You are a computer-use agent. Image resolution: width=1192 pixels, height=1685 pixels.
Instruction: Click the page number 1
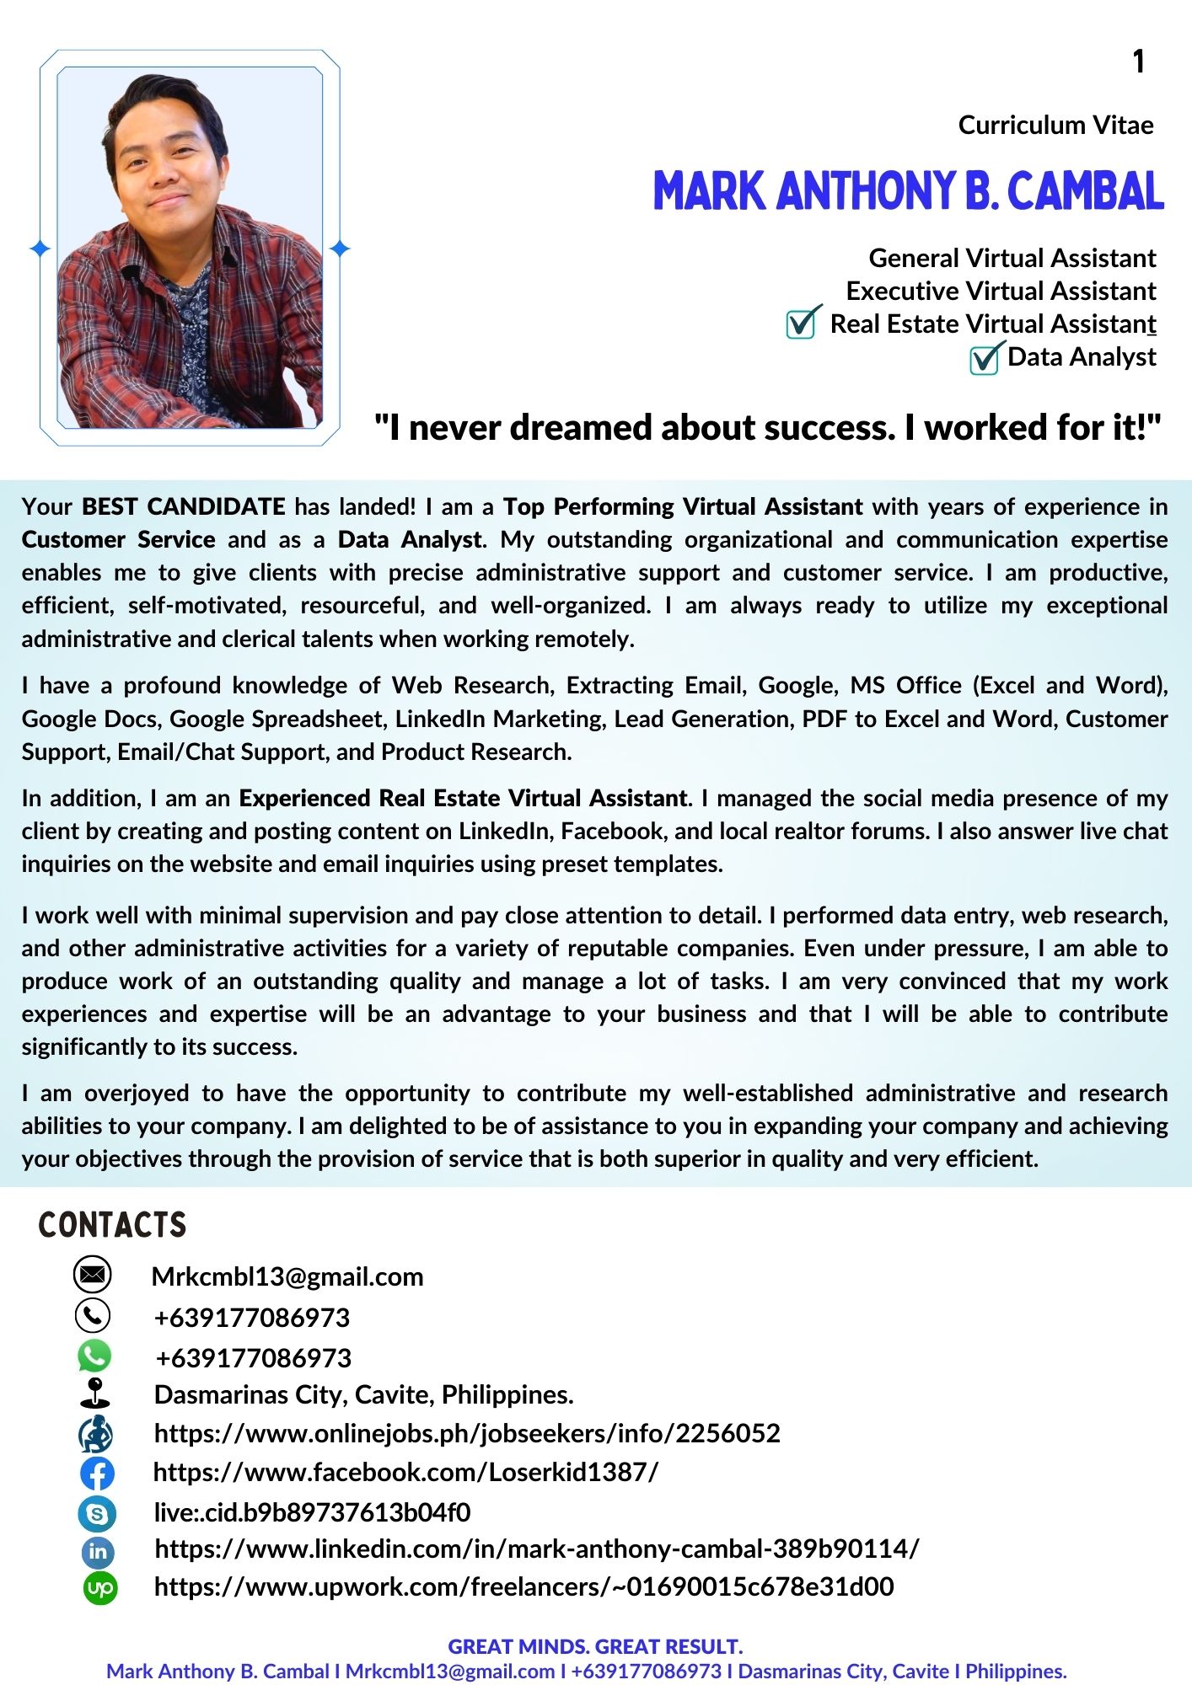pyautogui.click(x=1138, y=62)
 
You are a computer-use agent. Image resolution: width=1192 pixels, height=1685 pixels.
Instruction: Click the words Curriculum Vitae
pyautogui.click(x=1055, y=126)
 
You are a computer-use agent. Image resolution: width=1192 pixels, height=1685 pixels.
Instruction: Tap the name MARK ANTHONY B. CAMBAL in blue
pyautogui.click(x=908, y=191)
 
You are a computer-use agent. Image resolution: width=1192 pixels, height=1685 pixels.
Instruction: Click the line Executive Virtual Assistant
pyautogui.click(x=1001, y=292)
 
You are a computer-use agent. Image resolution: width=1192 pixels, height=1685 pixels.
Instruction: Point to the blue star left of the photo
pyautogui.click(x=40, y=249)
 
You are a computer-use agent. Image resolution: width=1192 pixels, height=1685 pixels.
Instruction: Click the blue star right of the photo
pyautogui.click(x=340, y=249)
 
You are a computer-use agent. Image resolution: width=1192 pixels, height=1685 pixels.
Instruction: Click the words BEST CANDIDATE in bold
pyautogui.click(x=183, y=506)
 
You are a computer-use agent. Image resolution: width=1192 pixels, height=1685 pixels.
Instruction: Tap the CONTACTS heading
pyautogui.click(x=112, y=1225)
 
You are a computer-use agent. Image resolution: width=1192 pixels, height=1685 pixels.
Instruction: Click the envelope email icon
pyautogui.click(x=93, y=1274)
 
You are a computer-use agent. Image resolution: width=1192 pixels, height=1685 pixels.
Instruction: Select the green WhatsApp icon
pyautogui.click(x=94, y=1356)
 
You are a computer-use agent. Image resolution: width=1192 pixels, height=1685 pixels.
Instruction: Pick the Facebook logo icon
pyautogui.click(x=97, y=1474)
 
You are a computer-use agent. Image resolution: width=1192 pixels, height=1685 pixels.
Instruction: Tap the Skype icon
pyautogui.click(x=97, y=1514)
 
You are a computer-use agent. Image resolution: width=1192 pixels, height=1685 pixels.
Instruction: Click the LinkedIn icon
pyautogui.click(x=98, y=1551)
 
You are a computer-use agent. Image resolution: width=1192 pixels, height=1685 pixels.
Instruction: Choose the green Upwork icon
pyautogui.click(x=100, y=1588)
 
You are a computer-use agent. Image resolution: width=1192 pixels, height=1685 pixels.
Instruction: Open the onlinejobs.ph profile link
pyautogui.click(x=467, y=1433)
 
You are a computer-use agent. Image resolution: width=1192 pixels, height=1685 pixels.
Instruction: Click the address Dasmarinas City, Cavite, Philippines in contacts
pyautogui.click(x=363, y=1395)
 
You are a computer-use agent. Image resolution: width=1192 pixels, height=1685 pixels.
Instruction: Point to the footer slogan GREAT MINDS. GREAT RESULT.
pyautogui.click(x=595, y=1646)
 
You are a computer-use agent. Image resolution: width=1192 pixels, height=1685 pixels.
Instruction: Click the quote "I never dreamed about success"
pyautogui.click(x=767, y=428)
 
